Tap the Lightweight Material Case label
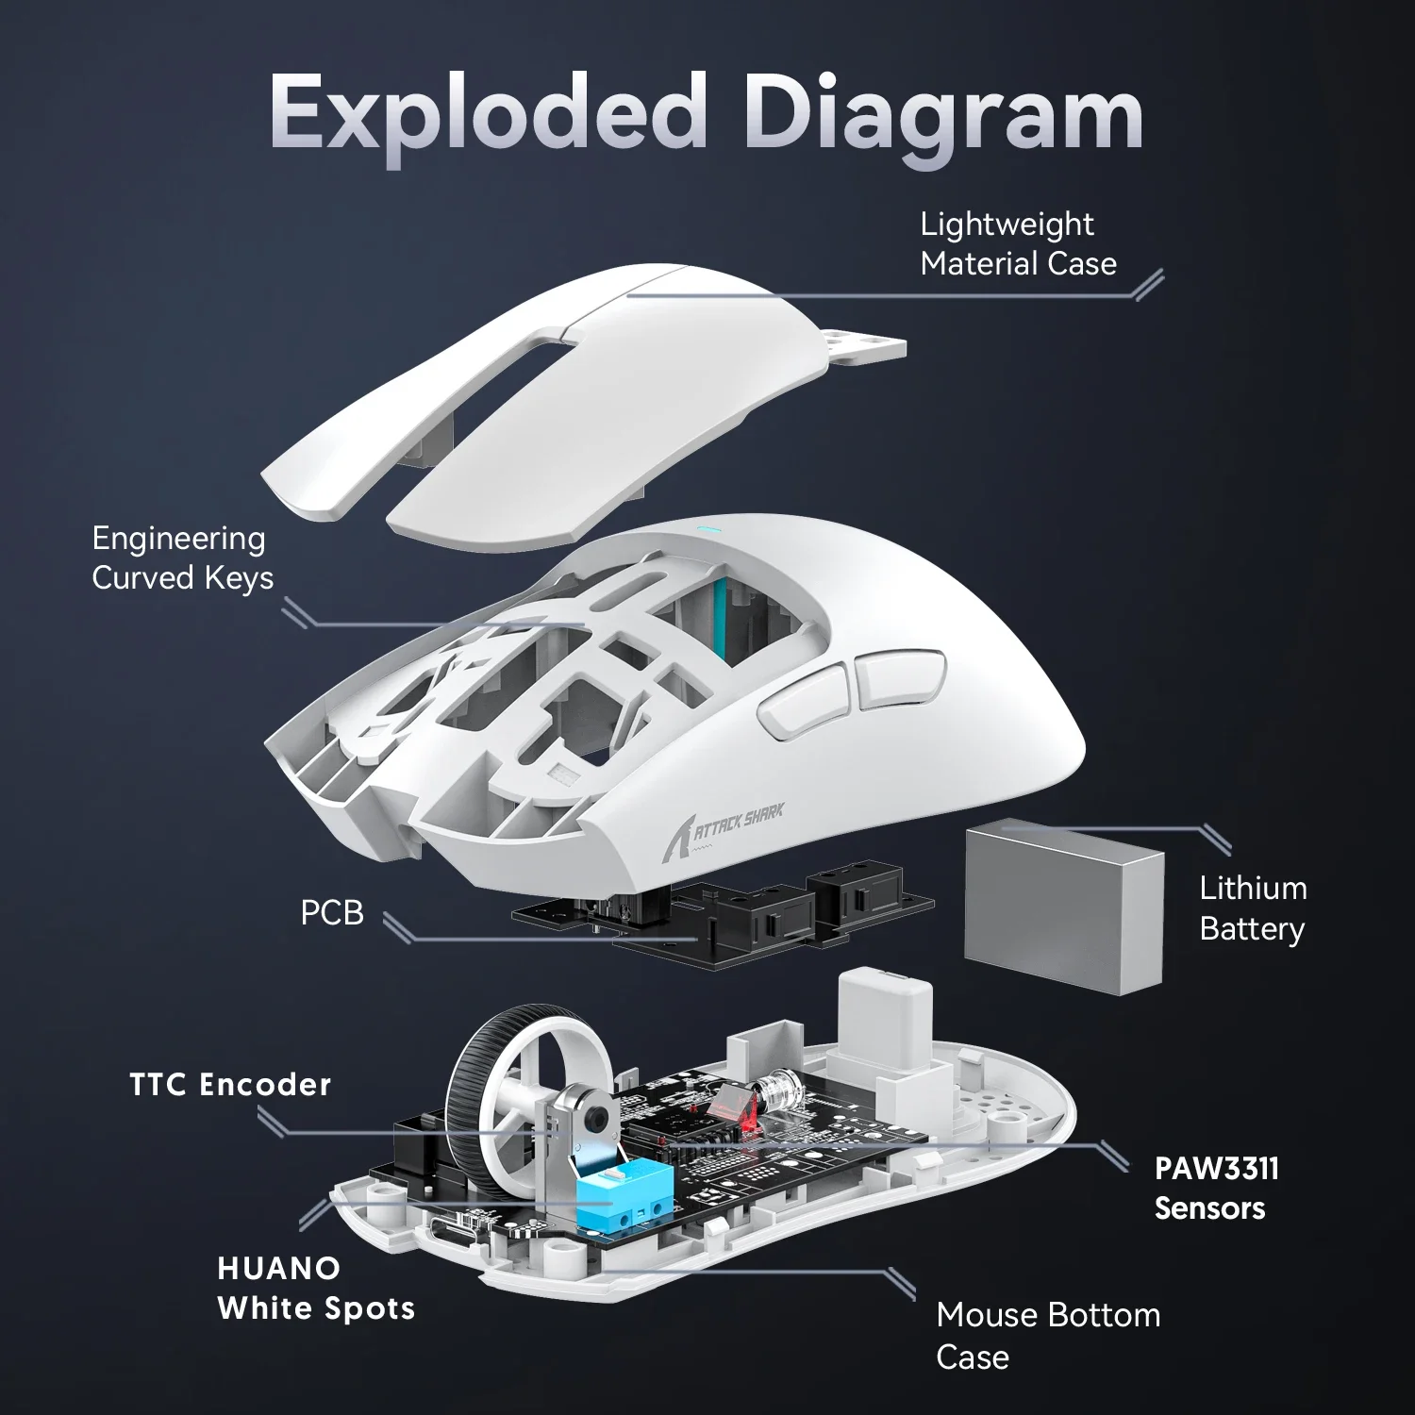click(x=1017, y=243)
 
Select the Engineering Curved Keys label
click(x=182, y=558)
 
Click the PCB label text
click(x=331, y=913)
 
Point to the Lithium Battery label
click(x=1252, y=908)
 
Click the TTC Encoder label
click(x=230, y=1085)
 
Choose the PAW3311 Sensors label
click(x=1215, y=1188)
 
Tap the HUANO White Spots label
click(x=315, y=1289)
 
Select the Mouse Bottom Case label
click(x=1047, y=1335)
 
